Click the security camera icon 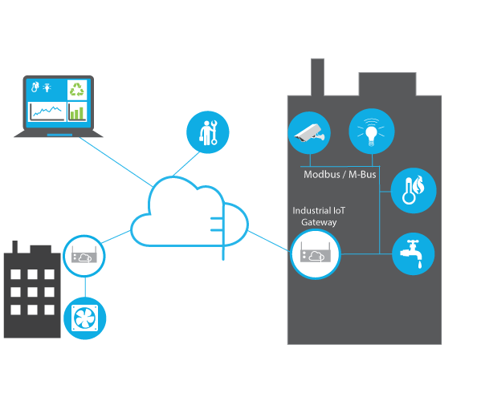coord(309,133)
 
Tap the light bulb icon coord(372,132)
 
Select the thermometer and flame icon coord(414,191)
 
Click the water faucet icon coord(413,253)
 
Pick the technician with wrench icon coord(208,132)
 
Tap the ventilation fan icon coord(85,318)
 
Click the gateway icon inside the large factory coord(316,254)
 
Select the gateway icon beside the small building coord(84,256)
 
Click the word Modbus coord(322,174)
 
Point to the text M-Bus coord(362,174)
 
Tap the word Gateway coord(319,222)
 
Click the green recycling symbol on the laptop coord(77,90)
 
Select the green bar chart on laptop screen coord(76,112)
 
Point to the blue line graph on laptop coord(47,111)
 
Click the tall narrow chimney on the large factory coord(317,77)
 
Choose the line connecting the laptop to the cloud coord(116,162)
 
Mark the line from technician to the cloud coord(186,164)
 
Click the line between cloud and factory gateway coord(269,241)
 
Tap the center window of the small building coord(32,292)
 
